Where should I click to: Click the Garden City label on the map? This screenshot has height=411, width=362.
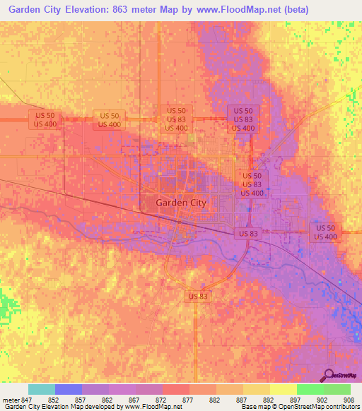180,202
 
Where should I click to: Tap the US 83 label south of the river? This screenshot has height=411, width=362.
198,296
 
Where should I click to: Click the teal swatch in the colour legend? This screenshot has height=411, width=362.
42,389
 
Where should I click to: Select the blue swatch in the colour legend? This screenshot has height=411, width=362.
69,389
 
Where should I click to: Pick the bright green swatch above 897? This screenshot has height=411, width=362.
310,389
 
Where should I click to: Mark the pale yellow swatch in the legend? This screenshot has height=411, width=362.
284,389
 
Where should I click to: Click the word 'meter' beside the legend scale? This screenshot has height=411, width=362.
10,399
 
